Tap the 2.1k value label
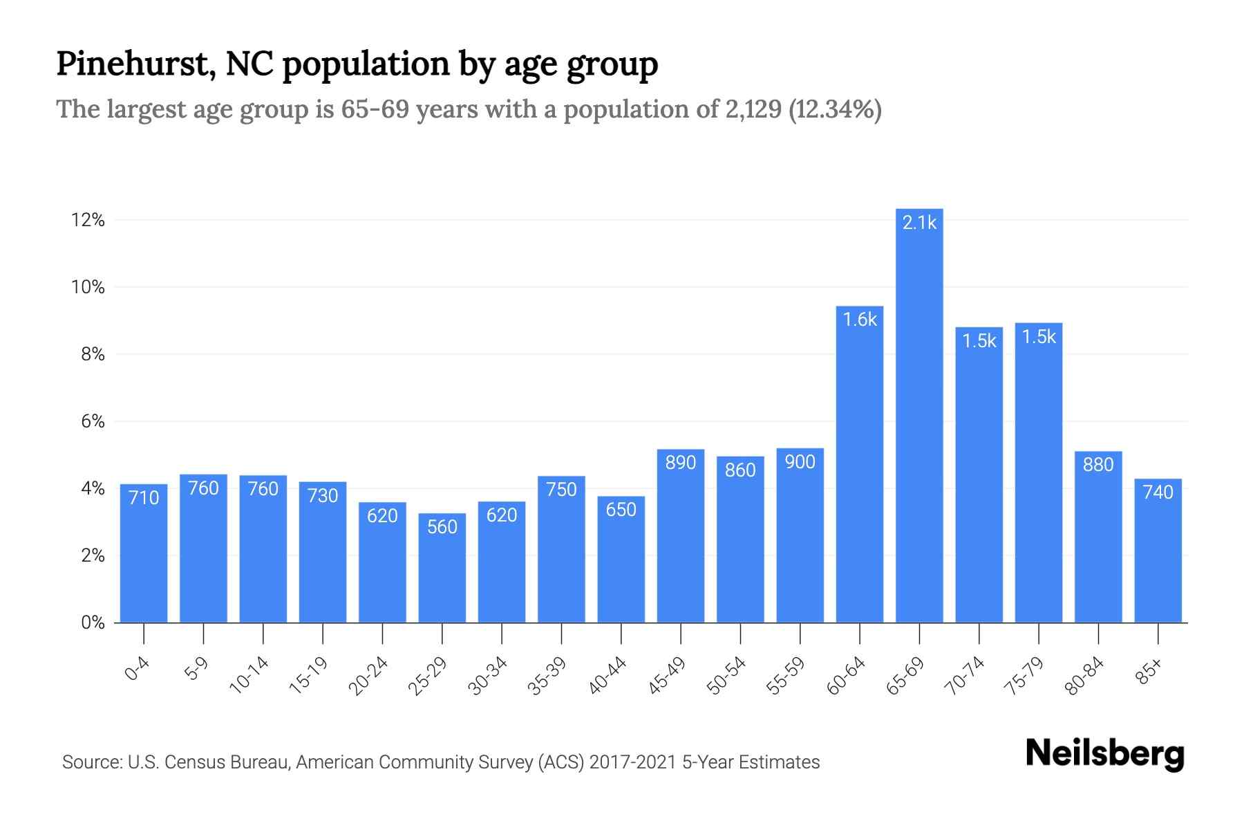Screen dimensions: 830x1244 919,223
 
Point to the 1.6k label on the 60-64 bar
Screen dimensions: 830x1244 860,320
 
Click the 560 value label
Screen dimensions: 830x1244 442,527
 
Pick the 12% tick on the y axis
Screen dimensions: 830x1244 88,221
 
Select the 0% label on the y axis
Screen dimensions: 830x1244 92,622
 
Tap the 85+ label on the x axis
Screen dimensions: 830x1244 1150,672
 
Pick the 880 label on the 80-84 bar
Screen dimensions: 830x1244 1098,465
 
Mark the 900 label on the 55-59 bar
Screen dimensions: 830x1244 800,462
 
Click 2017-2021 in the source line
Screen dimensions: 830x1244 632,762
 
